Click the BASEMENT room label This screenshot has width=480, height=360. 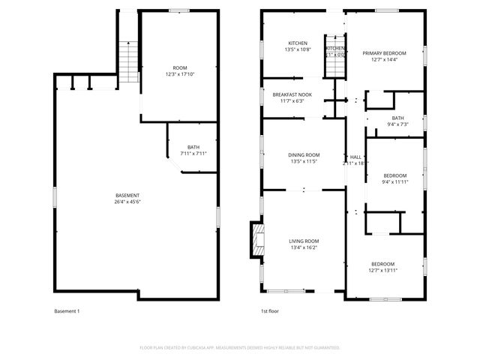click(127, 196)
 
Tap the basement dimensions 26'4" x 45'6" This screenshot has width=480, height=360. click(127, 202)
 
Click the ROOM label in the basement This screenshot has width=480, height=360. click(180, 68)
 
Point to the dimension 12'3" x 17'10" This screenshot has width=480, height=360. click(180, 74)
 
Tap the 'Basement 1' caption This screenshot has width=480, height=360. click(67, 311)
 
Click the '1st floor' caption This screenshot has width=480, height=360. click(269, 311)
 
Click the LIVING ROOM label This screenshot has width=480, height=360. click(304, 241)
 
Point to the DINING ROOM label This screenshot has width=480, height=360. click(304, 154)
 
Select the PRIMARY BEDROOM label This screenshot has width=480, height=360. click(384, 53)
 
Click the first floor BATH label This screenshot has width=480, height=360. click(397, 118)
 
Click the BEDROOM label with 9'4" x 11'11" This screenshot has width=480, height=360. click(394, 175)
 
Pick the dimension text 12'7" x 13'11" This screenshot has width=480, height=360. click(383, 270)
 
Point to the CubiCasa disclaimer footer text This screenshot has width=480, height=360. click(240, 348)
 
